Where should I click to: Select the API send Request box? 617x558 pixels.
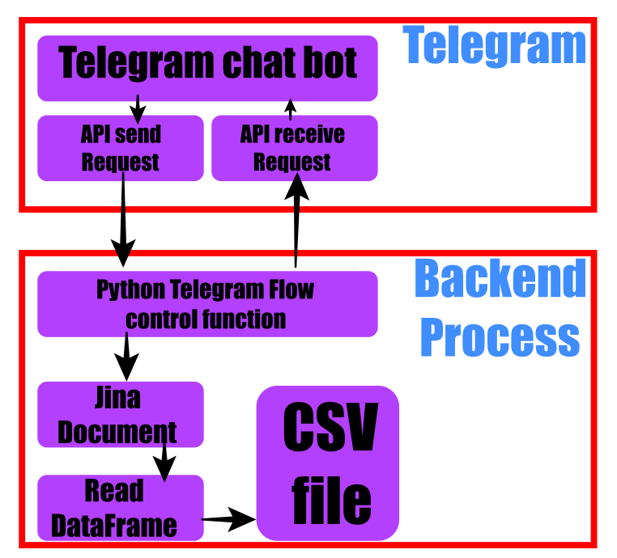tap(120, 148)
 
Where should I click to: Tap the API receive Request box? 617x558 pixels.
tap(294, 148)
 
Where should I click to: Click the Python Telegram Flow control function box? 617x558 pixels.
tap(207, 304)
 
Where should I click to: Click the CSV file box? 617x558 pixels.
tap(328, 463)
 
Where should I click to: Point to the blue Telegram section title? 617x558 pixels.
tap(494, 45)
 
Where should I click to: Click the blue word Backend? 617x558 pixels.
tap(500, 280)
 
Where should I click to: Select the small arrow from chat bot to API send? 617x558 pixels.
tap(138, 108)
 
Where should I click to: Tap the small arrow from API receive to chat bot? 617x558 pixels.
tap(290, 108)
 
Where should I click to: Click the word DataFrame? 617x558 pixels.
tap(114, 526)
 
